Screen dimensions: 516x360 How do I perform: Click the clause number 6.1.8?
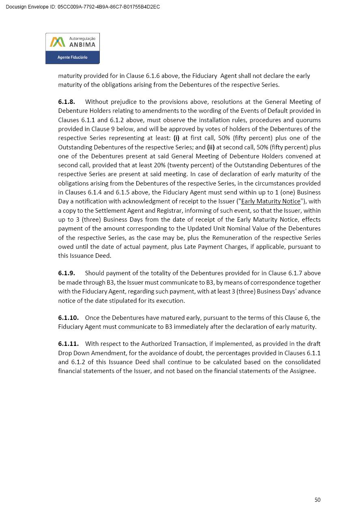pyautogui.click(x=67, y=102)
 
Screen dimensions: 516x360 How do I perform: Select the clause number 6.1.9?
pyautogui.click(x=67, y=273)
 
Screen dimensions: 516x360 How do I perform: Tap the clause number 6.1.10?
pyautogui.click(x=68, y=318)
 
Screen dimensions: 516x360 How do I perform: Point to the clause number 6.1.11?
pyautogui.click(x=68, y=344)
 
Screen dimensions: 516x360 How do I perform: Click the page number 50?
pyautogui.click(x=317, y=500)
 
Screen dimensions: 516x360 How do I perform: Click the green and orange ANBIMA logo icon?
pyautogui.click(x=57, y=42)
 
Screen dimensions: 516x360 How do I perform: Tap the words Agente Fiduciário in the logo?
pyautogui.click(x=72, y=57)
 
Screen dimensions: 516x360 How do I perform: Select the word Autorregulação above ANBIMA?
pyautogui.click(x=82, y=38)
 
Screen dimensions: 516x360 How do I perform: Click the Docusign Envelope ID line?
pyautogui.click(x=83, y=7)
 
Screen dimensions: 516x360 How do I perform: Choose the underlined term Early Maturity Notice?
pyautogui.click(x=271, y=201)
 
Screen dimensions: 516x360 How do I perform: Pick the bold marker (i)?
pyautogui.click(x=177, y=138)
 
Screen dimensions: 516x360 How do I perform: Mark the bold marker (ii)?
pyautogui.click(x=211, y=147)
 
